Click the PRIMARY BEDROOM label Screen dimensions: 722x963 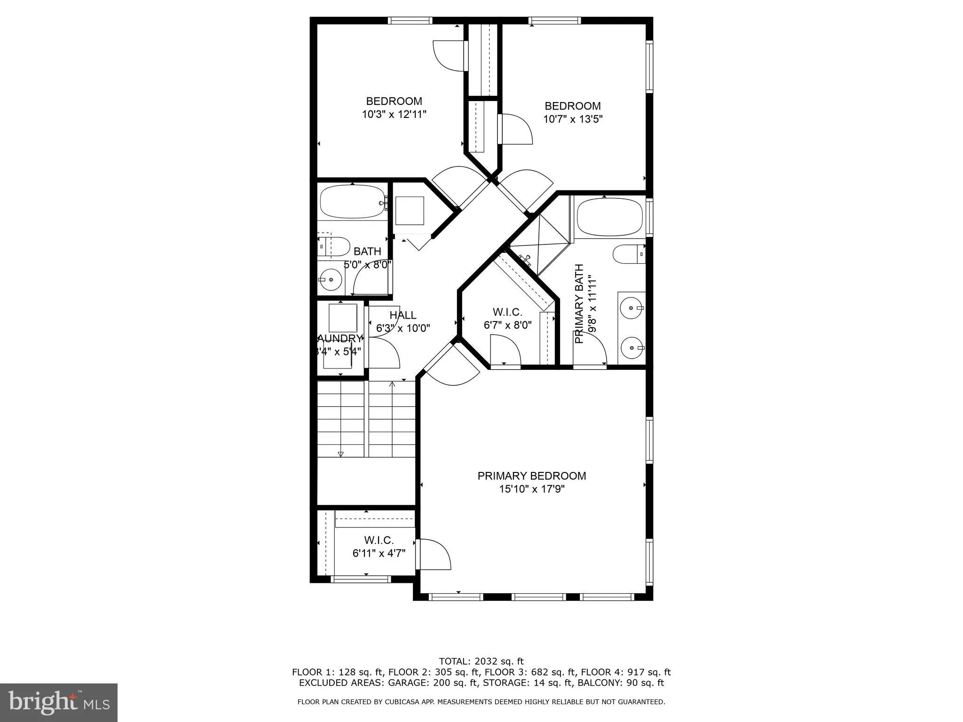pos(531,476)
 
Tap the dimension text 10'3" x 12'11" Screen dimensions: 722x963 pos(394,114)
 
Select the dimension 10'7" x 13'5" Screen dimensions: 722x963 pos(573,119)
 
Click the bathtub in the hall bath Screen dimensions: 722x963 pos(353,201)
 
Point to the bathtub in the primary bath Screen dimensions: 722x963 pos(609,217)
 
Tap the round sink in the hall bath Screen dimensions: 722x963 pos(331,279)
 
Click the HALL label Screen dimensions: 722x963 pos(403,315)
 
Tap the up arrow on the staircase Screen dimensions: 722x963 pos(392,385)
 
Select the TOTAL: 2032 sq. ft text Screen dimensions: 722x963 pos(481,661)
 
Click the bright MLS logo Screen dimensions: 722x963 pos(59,702)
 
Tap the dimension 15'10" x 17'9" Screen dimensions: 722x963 pos(531,489)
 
